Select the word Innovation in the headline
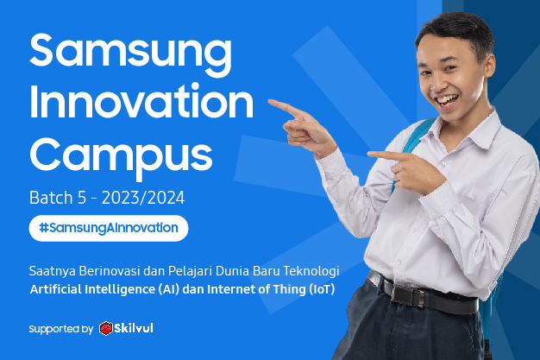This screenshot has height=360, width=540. tap(141, 104)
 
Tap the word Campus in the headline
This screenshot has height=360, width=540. tap(121, 155)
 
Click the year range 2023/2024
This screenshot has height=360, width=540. tap(143, 199)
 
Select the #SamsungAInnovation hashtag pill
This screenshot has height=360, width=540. tap(108, 228)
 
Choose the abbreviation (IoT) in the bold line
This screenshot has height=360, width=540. tap(319, 288)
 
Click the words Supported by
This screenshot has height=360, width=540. tap(60, 329)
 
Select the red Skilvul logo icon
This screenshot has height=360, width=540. tap(106, 329)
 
